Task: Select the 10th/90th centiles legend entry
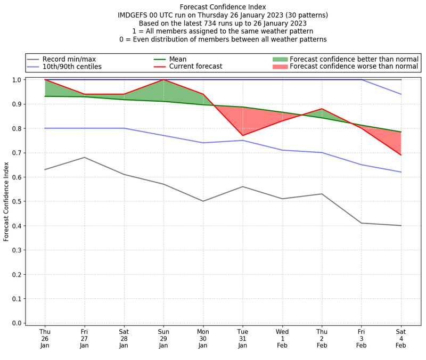pyautogui.click(x=72, y=67)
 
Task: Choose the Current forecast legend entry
pyautogui.click(x=195, y=67)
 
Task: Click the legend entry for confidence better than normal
pyautogui.click(x=353, y=59)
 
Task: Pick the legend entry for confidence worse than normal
pyautogui.click(x=354, y=67)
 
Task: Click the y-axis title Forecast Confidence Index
pyautogui.click(x=6, y=201)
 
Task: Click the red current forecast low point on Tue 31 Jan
pyautogui.click(x=243, y=136)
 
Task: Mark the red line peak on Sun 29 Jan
pyautogui.click(x=163, y=80)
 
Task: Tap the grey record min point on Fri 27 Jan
pyautogui.click(x=84, y=158)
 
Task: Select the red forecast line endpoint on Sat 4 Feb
pyautogui.click(x=401, y=155)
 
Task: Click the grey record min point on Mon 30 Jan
pyautogui.click(x=203, y=201)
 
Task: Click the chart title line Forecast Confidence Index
pyautogui.click(x=223, y=7)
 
